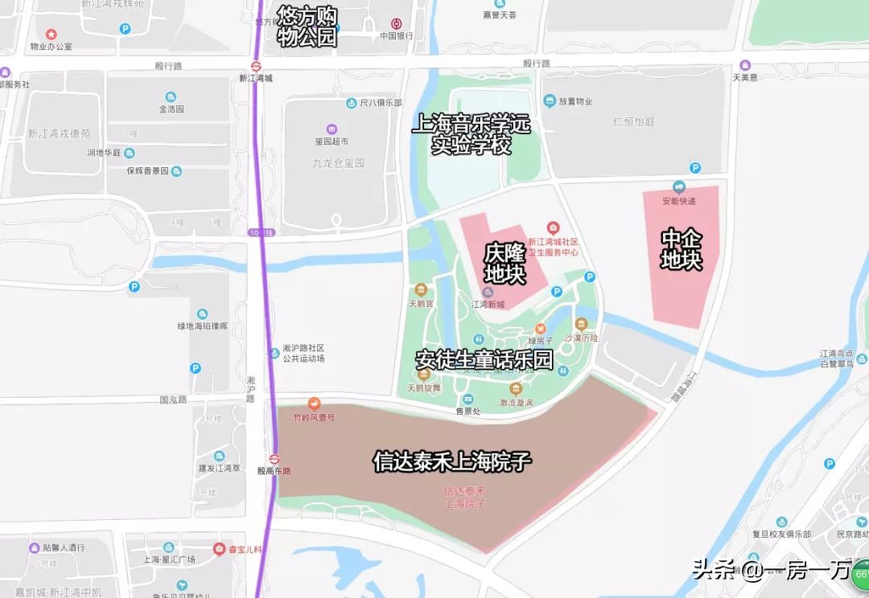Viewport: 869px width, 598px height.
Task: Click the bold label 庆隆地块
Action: pos(505,264)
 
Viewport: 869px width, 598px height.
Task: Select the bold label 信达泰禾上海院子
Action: pos(452,461)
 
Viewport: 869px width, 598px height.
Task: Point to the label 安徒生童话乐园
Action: pos(484,359)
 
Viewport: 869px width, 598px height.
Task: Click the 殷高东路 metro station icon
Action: pos(274,459)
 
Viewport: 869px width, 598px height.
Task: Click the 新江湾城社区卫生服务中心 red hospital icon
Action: pos(553,229)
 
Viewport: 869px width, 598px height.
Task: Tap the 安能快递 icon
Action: pos(678,187)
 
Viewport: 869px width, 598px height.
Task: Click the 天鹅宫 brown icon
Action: pos(420,291)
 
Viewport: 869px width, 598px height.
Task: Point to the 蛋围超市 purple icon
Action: pos(332,129)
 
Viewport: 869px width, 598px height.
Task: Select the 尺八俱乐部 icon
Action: pos(352,103)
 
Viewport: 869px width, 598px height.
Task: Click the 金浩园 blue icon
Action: pos(171,96)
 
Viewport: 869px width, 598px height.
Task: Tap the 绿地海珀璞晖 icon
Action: pos(202,313)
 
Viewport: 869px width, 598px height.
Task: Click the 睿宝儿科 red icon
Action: pos(219,549)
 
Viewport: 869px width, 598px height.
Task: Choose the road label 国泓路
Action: pos(173,399)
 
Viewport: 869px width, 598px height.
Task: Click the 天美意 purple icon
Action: pos(745,65)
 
